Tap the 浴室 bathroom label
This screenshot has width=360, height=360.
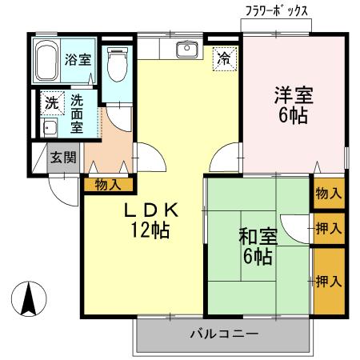point(77,58)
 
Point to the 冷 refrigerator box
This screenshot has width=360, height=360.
point(225,58)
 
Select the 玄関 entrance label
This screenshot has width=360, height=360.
point(64,157)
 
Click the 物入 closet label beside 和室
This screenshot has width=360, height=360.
point(328,194)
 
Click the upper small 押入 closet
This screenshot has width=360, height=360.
point(328,229)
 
